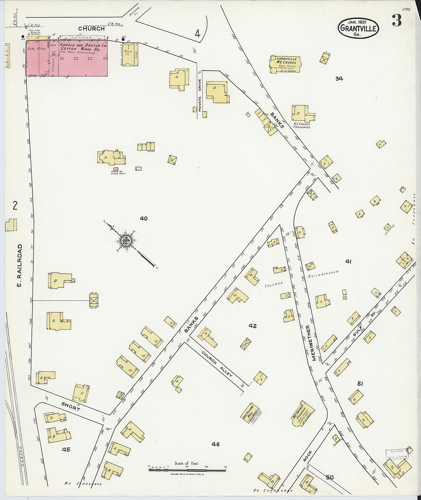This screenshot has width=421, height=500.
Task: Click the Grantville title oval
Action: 358,28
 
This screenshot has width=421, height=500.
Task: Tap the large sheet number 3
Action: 396,21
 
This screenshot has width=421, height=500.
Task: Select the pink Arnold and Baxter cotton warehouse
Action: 67,57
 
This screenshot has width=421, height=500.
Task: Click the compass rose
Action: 126,241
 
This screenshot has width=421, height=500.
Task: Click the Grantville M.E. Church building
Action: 285,64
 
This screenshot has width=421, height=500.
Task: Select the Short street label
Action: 71,407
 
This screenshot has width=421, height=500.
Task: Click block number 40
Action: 144,219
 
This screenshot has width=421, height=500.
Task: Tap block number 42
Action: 252,326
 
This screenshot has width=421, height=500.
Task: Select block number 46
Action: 216,444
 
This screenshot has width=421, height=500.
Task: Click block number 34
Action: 339,79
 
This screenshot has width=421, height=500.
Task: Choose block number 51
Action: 360,384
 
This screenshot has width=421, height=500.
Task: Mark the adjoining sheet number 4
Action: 197,34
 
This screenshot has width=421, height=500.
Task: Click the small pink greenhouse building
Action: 116,169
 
